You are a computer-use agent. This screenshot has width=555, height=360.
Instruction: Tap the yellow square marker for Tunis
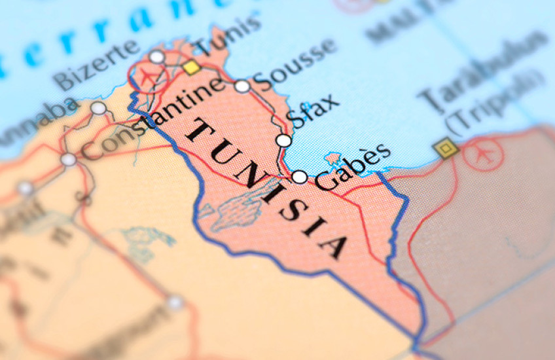tap(191, 67)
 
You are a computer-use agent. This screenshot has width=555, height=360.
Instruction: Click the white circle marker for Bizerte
tap(156, 57)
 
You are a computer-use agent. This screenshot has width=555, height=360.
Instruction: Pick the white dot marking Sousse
tap(242, 86)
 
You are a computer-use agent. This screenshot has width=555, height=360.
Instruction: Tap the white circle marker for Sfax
tap(283, 140)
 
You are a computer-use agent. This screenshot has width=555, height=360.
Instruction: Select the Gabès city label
tap(353, 166)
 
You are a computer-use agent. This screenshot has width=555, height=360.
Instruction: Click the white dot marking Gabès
tap(299, 176)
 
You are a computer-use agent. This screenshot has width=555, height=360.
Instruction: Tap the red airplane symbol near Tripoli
tap(485, 154)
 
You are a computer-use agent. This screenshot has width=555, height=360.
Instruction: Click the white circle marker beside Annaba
tap(98, 108)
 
